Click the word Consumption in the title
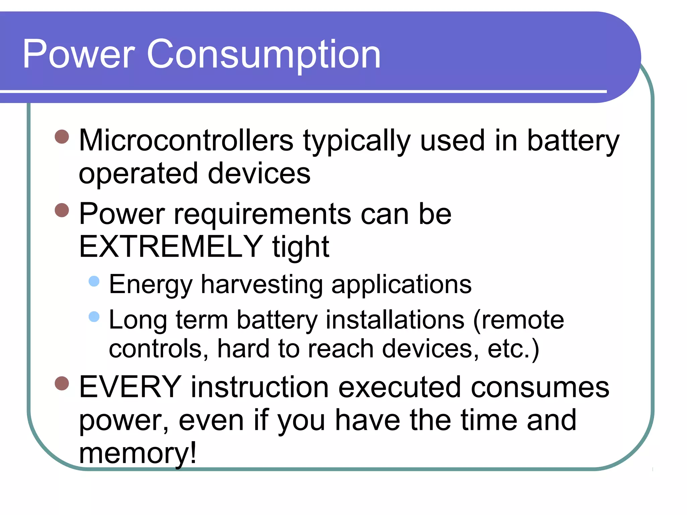[264, 54]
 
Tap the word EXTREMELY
[171, 247]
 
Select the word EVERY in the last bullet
[130, 387]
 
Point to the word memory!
[138, 453]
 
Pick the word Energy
[151, 285]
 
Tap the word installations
[395, 320]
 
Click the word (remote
[518, 320]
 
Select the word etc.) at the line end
[513, 349]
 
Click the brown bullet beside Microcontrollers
[62, 136]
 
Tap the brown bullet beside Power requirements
[62, 210]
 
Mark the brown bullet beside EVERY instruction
[62, 383]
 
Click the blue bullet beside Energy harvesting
[94, 281]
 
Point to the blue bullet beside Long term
[94, 316]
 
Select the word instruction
[260, 387]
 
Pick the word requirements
[262, 215]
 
